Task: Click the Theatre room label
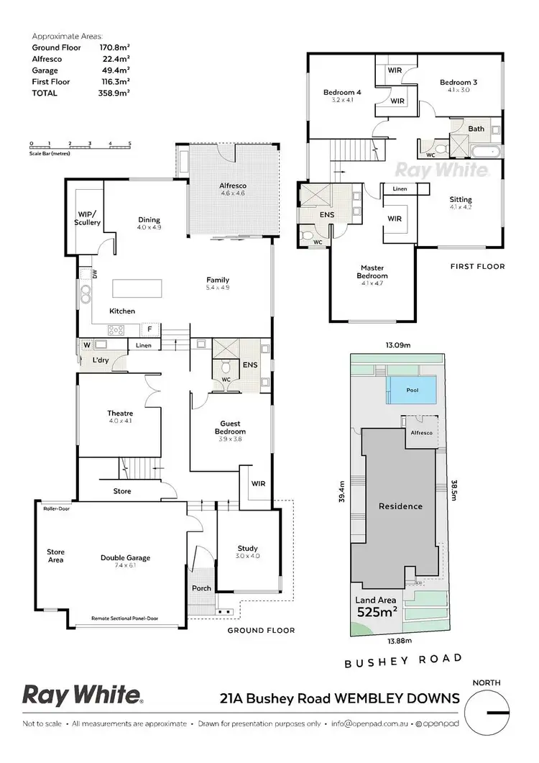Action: [x=120, y=414]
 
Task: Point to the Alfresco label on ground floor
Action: [x=232, y=186]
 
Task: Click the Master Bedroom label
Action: [x=372, y=271]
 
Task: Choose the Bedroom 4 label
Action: [x=341, y=93]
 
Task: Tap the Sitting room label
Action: [x=460, y=199]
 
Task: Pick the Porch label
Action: [x=201, y=588]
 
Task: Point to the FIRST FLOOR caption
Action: [x=477, y=266]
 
